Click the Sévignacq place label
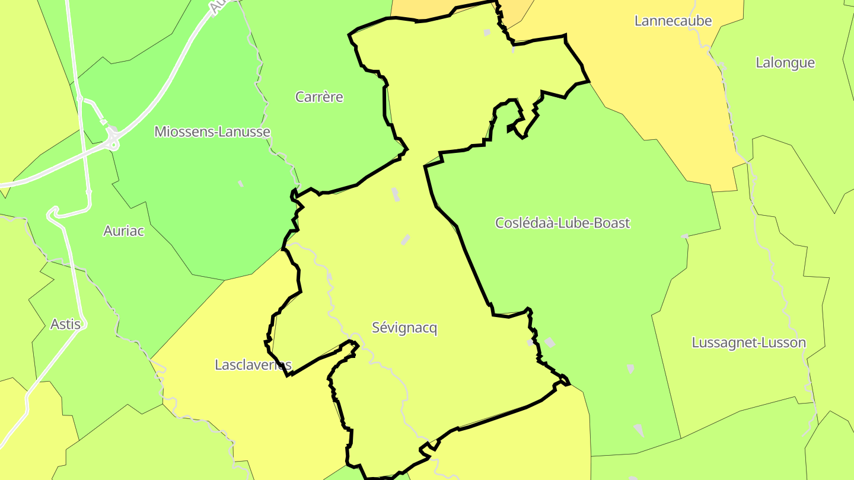tap(404, 328)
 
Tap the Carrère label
tap(319, 97)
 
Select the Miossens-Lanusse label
tap(212, 132)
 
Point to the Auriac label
tap(124, 231)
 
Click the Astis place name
tap(65, 324)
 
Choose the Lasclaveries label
tap(253, 364)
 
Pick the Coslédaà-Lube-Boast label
tap(562, 223)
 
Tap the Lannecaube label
tap(673, 21)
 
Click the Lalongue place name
tap(785, 63)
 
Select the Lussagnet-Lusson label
tap(748, 343)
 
